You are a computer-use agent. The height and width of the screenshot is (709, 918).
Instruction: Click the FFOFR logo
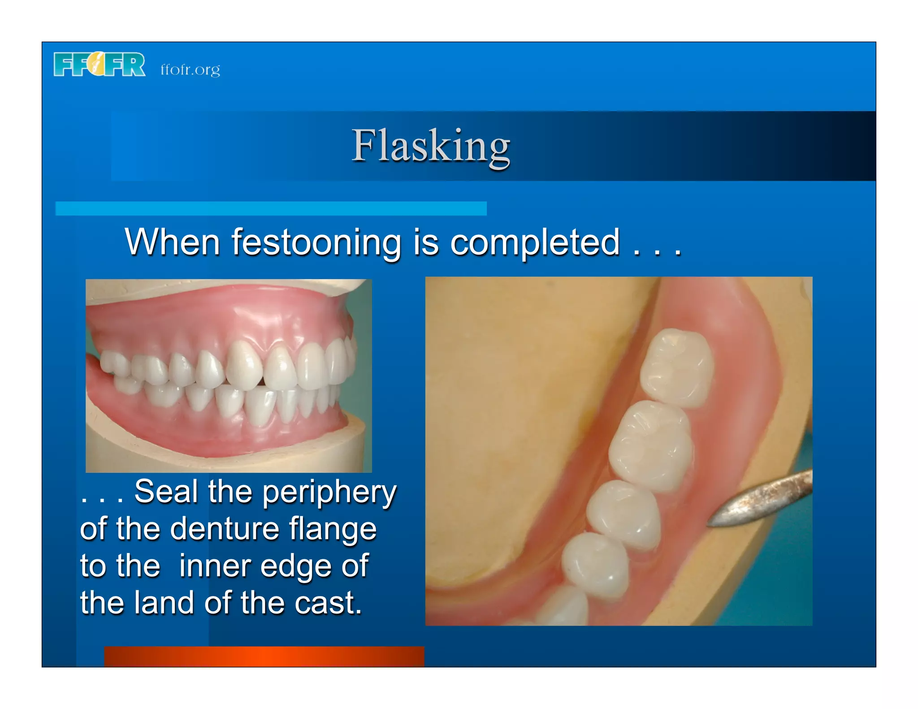click(x=99, y=65)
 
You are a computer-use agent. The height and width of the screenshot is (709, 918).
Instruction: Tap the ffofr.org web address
click(x=190, y=70)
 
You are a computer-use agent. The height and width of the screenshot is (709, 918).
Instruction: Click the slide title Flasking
click(x=430, y=146)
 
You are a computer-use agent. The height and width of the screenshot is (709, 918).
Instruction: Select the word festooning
click(x=316, y=242)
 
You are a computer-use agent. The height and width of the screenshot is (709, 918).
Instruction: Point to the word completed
click(x=535, y=242)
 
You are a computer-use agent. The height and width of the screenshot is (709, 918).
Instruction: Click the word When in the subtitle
click(x=172, y=242)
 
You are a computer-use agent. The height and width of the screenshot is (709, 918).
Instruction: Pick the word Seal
click(x=166, y=492)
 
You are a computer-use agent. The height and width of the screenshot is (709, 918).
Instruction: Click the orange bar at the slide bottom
click(x=264, y=656)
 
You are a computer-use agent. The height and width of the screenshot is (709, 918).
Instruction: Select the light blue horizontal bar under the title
click(x=271, y=208)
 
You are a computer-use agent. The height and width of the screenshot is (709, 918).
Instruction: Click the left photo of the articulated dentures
click(x=229, y=376)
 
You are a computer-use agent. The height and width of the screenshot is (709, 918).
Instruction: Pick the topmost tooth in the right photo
click(x=677, y=367)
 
